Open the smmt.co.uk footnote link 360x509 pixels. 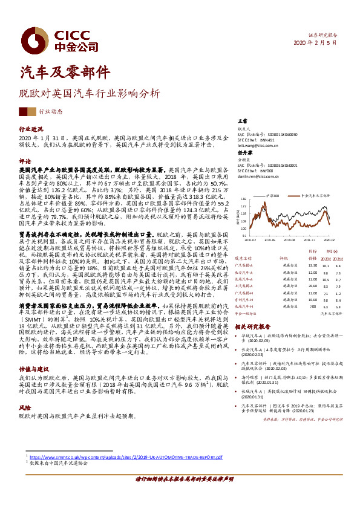[x=127, y=458]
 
